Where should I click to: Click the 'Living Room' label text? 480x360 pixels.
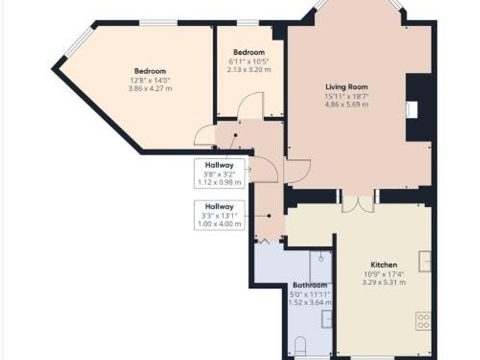click(x=346, y=87)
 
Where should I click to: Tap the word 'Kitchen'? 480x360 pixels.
click(x=383, y=265)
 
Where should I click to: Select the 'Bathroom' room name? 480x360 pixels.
click(x=310, y=286)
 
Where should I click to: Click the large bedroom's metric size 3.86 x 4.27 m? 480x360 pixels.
click(x=150, y=88)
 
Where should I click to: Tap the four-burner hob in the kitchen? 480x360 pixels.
click(x=424, y=320)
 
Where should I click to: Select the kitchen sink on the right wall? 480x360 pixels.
click(x=425, y=259)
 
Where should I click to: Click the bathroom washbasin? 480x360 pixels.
click(x=327, y=319)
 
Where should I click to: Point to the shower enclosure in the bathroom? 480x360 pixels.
click(x=320, y=265)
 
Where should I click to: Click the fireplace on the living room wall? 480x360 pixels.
click(x=414, y=109)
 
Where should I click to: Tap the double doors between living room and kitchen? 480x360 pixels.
click(x=357, y=201)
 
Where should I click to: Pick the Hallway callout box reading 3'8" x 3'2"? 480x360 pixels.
click(x=220, y=173)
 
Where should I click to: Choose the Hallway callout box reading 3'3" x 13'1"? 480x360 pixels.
click(x=220, y=214)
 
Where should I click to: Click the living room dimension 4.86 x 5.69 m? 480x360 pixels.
click(x=346, y=105)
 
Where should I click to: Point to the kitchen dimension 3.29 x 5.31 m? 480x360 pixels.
click(x=383, y=283)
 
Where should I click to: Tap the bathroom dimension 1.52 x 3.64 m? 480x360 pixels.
click(x=310, y=302)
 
